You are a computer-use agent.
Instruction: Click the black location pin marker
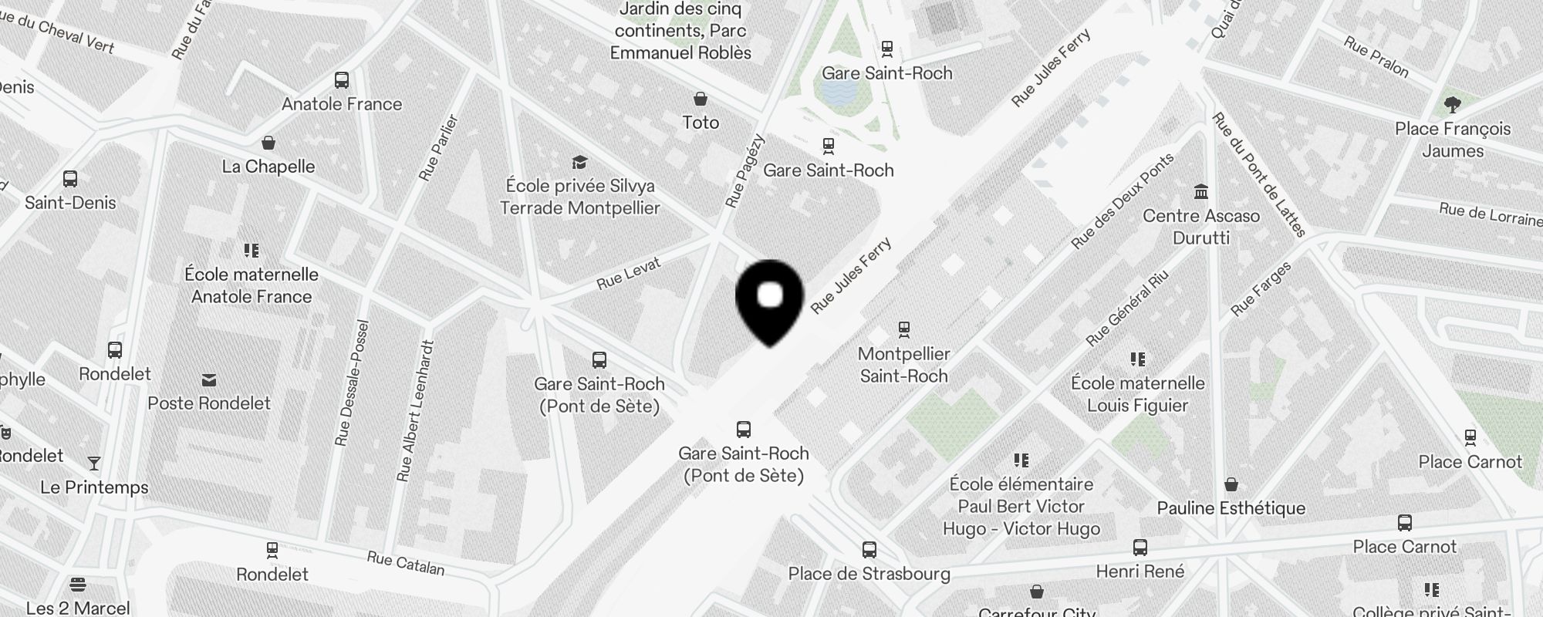coord(770,301)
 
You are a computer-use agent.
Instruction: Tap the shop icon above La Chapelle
coord(268,143)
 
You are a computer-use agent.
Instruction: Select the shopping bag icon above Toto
coord(701,99)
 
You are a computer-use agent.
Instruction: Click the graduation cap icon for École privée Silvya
coord(579,162)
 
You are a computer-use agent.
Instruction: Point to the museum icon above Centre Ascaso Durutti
coord(1201,191)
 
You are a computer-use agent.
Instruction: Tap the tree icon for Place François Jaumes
coord(1452,105)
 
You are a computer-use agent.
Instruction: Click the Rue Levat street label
coord(629,274)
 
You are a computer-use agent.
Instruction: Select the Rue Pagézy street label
coord(744,171)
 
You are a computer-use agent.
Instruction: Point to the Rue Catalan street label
coord(406,564)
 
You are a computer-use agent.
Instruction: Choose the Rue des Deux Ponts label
coord(1123,201)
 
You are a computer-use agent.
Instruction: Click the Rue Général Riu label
coord(1127,308)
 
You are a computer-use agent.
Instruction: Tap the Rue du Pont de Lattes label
coord(1258,175)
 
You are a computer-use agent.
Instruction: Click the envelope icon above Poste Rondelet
coord(209,380)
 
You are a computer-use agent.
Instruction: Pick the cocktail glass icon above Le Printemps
coord(94,464)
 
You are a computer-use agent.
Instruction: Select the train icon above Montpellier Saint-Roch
coord(904,330)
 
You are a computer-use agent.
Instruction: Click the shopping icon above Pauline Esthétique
coord(1231,484)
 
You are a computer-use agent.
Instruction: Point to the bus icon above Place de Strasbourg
coord(869,550)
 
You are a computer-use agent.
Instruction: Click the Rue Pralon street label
coord(1376,57)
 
